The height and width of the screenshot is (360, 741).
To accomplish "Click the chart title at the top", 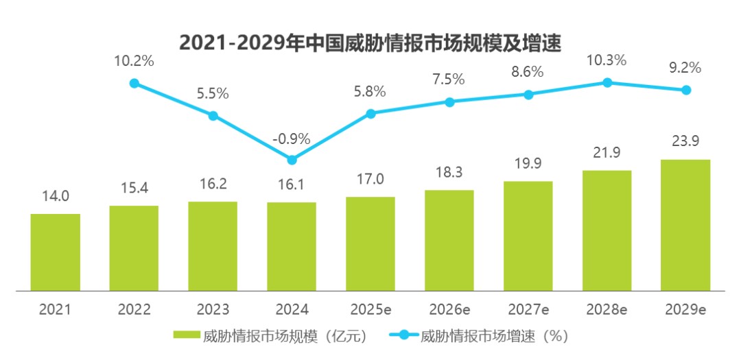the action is [x=370, y=43].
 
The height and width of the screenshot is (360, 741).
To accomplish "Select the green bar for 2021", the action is [x=56, y=252].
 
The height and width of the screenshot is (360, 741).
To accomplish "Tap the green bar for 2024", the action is [x=292, y=247].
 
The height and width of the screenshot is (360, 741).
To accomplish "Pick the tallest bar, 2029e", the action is [x=685, y=226].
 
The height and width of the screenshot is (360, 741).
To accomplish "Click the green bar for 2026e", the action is [x=449, y=241].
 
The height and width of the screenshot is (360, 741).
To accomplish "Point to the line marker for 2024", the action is [x=292, y=160].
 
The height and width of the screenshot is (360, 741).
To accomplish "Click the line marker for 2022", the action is [x=134, y=83].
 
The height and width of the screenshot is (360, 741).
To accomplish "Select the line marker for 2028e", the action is [x=607, y=83].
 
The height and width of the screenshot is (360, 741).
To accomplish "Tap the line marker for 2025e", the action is [x=371, y=113].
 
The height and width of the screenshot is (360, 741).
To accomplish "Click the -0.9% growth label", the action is [x=292, y=139].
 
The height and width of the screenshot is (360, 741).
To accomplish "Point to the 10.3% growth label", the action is [x=607, y=60].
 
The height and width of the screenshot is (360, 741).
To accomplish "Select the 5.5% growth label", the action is [x=213, y=93].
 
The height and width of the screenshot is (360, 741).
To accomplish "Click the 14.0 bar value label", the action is [x=56, y=196].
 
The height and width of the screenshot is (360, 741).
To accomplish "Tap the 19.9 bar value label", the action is [x=528, y=163].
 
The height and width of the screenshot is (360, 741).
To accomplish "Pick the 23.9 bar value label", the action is [x=685, y=141].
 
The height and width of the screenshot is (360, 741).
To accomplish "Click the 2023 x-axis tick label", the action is [x=213, y=310].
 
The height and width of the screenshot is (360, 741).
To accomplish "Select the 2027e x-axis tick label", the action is [x=528, y=310].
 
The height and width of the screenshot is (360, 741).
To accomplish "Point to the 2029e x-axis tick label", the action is [x=685, y=310].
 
